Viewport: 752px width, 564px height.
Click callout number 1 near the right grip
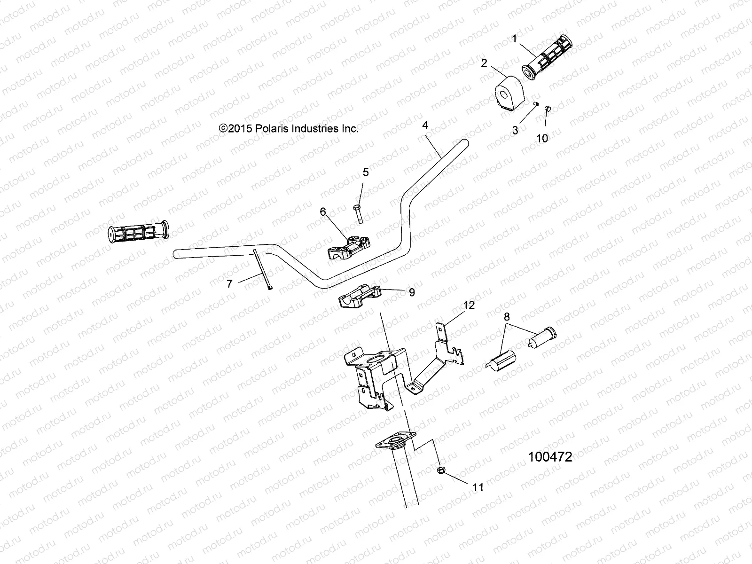(514, 39)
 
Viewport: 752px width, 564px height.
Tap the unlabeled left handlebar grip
(137, 232)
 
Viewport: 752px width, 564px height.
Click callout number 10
(542, 138)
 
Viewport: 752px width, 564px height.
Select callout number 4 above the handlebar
(425, 125)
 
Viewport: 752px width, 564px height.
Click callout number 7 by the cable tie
(229, 284)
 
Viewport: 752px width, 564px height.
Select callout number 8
(506, 316)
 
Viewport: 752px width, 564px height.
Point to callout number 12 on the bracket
(469, 305)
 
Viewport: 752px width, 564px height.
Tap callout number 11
(478, 487)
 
